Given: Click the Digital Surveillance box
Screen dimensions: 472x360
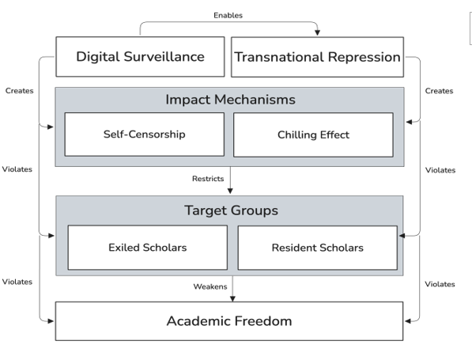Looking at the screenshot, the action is (x=140, y=57).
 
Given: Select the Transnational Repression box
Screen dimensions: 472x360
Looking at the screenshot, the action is (x=317, y=57).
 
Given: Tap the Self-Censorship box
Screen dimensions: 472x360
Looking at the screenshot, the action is (x=145, y=135).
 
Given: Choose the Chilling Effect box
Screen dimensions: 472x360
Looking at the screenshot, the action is (x=313, y=135).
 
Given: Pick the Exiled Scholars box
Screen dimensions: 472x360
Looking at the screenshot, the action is (x=148, y=248).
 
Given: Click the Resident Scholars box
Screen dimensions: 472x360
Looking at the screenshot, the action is (x=318, y=248).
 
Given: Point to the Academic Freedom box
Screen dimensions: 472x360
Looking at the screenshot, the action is (x=229, y=321).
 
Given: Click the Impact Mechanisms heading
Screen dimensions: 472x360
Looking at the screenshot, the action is (x=230, y=100).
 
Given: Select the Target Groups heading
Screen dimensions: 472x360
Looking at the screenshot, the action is (x=231, y=210).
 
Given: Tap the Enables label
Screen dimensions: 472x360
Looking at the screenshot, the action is (x=228, y=15).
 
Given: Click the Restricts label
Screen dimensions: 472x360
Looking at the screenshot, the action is (x=208, y=179).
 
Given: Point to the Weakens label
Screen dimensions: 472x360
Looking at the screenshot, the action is (x=210, y=286).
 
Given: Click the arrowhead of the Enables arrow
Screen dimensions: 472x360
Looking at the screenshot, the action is (x=317, y=32).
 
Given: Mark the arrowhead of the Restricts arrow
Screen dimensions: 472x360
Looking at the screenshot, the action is (x=230, y=191).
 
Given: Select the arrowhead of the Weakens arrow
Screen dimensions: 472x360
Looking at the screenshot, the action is (x=232, y=298).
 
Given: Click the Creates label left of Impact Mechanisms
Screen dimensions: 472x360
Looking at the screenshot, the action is (x=19, y=91).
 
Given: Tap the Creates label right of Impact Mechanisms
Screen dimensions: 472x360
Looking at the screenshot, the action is (x=439, y=91).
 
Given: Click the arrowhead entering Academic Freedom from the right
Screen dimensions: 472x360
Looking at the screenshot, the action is (x=408, y=321).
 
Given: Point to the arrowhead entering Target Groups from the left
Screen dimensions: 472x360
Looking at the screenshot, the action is (x=51, y=236).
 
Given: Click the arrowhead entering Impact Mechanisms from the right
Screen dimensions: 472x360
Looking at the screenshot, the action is (x=409, y=122).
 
